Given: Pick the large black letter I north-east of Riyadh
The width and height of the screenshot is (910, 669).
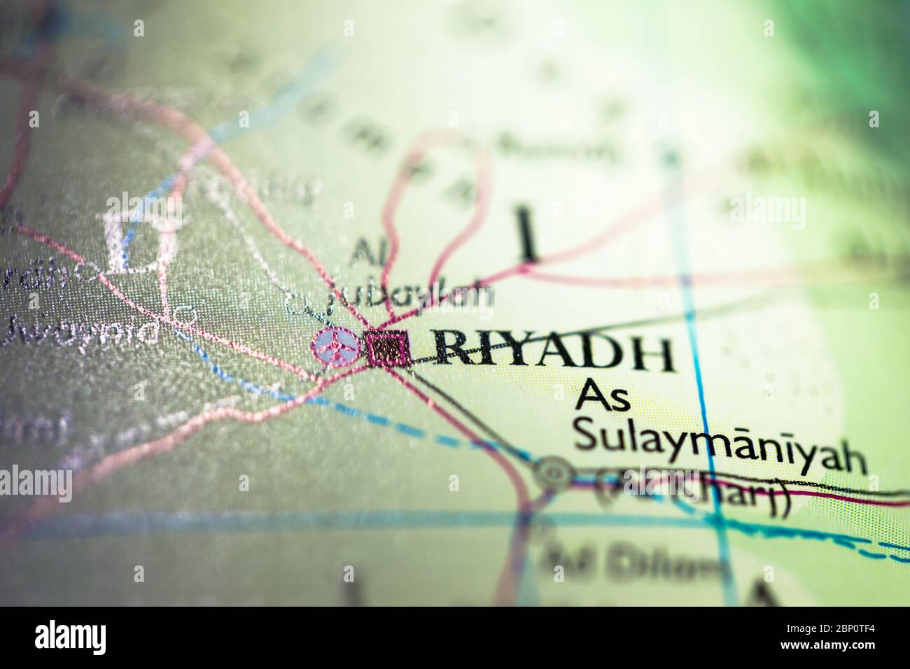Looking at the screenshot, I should [x=527, y=232].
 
